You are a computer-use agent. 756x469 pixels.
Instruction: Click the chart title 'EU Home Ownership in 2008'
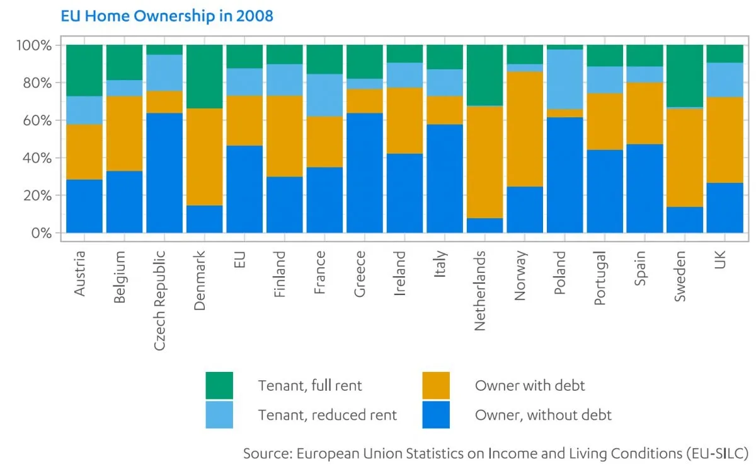(x=167, y=16)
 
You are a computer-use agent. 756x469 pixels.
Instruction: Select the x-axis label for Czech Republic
(x=160, y=300)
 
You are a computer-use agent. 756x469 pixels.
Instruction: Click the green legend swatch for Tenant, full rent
(x=219, y=385)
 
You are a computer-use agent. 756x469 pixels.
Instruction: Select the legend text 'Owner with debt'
(x=530, y=385)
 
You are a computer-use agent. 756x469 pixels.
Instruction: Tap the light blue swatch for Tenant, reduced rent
(x=219, y=415)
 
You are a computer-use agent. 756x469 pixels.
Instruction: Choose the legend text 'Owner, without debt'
(x=543, y=415)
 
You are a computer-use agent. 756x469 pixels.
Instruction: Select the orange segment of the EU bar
(x=244, y=120)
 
